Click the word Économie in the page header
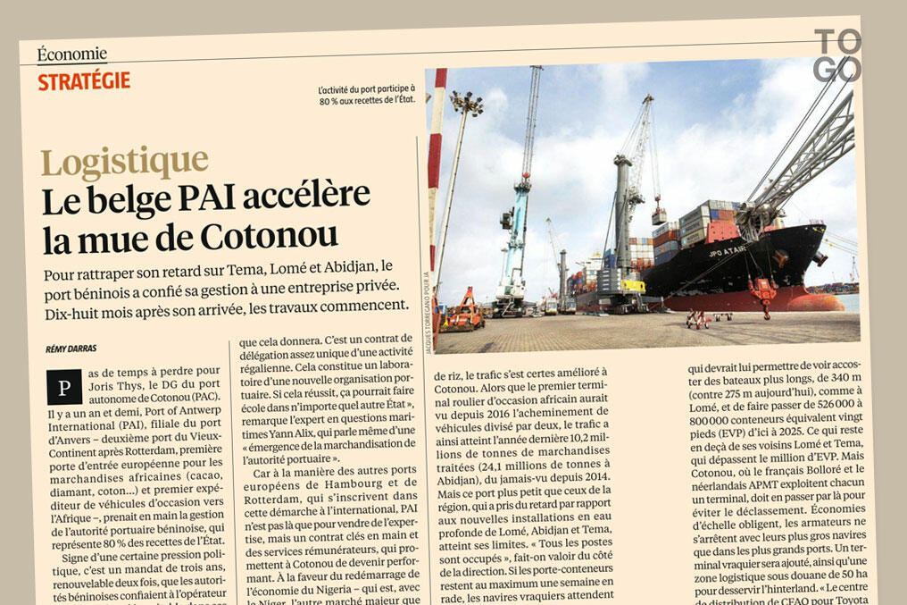pos(72,55)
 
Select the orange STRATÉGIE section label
pos(84,81)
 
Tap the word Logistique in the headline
pos(124,163)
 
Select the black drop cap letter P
pos(63,387)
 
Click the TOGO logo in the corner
pos(838,55)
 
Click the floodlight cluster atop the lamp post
pos(467,105)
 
